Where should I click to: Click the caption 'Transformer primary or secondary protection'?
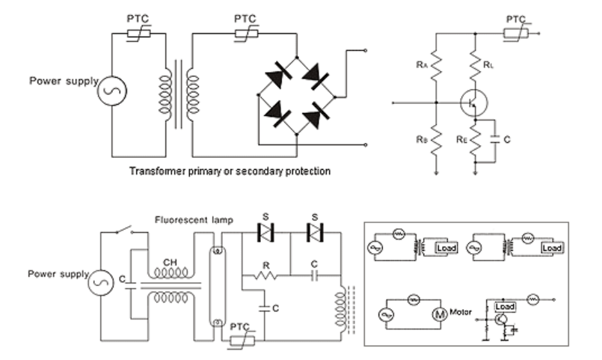tap(230, 171)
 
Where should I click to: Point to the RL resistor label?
tap(488, 66)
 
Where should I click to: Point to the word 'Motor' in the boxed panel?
tap(464, 309)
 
